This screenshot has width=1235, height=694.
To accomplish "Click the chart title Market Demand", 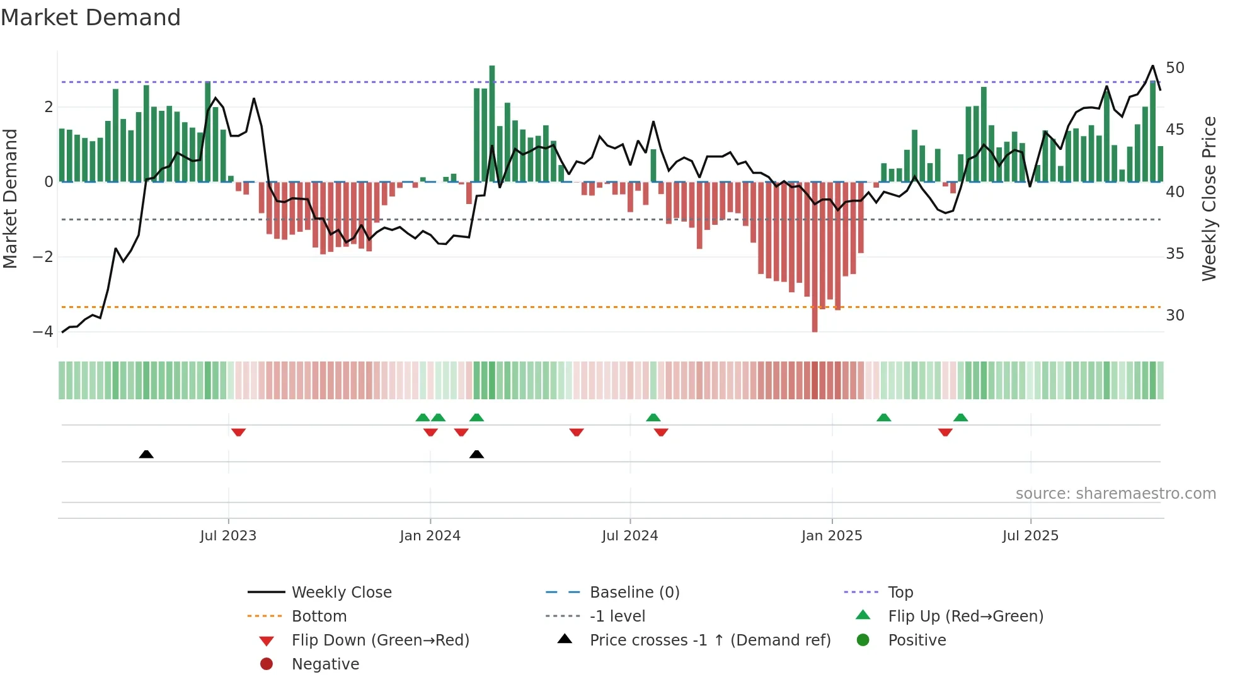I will click(91, 18).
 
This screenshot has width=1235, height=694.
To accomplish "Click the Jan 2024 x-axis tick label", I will click(430, 536).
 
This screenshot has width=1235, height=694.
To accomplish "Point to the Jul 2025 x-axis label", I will click(1030, 536).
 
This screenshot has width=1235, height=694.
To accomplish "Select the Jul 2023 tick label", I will click(228, 536).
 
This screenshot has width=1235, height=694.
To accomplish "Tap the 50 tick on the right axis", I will click(1175, 68).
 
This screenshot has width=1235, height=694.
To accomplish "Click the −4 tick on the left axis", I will click(43, 331).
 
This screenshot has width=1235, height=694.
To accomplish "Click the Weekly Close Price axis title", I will click(1209, 198).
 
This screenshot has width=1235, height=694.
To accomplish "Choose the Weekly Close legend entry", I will click(341, 593).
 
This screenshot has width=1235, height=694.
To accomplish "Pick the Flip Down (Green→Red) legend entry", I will click(380, 640).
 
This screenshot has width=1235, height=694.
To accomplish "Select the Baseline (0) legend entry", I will click(634, 593).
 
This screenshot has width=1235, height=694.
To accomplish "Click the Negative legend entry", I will click(325, 664).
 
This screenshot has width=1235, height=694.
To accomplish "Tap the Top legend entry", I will click(900, 593).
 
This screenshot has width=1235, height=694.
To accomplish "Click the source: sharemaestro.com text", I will click(1115, 494).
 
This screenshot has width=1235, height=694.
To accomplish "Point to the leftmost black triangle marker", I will click(146, 454).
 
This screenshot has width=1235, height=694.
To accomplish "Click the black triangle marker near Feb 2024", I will click(477, 454).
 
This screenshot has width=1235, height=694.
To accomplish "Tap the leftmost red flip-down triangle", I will click(238, 432).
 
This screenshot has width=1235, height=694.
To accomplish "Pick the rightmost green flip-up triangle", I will click(960, 418).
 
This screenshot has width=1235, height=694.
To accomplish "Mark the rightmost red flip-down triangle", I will click(945, 432).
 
